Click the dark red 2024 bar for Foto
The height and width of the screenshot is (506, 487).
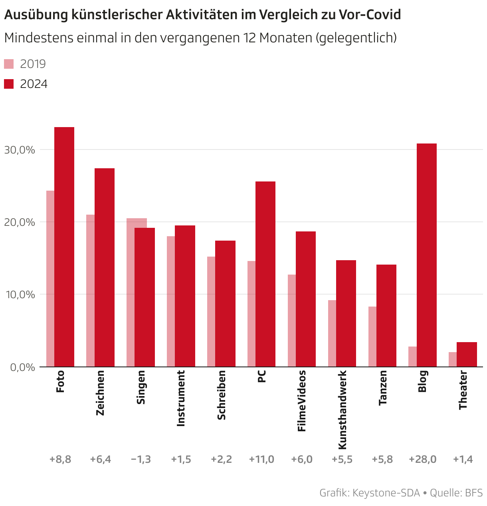click(64, 247)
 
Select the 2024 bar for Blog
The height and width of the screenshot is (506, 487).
click(426, 255)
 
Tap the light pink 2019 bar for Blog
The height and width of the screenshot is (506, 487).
click(412, 357)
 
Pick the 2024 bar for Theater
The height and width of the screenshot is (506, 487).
click(467, 354)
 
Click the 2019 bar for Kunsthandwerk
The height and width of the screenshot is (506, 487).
click(332, 333)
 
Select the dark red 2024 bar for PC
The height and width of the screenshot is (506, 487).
click(265, 274)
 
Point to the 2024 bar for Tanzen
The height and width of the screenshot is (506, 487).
click(386, 315)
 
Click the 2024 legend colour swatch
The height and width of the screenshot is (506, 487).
click(9, 84)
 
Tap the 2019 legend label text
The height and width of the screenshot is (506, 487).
click(33, 64)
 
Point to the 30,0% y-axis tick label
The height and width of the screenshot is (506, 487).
click(20, 150)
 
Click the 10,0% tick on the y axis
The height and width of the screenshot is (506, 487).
click(20, 295)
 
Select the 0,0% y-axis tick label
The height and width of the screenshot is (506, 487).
click(20, 367)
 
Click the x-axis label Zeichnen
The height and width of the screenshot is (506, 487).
click(100, 393)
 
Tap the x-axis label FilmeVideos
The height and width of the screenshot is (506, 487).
click(302, 401)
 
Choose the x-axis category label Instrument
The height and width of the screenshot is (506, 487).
click(181, 398)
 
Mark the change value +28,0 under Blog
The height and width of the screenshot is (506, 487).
click(422, 459)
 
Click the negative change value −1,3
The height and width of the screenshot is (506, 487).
click(141, 459)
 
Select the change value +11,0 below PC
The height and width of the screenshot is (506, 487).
click(261, 459)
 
